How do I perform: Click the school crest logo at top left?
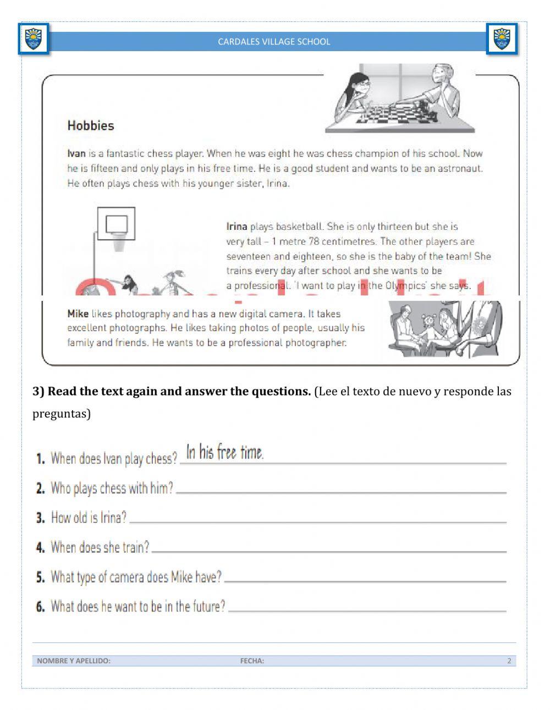coord(34,39)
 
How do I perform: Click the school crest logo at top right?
coord(502,39)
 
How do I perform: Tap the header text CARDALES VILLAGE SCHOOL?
coord(274,42)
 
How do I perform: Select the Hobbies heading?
coord(91,126)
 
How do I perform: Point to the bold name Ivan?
coord(76,154)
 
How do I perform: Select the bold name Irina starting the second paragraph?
coord(237,227)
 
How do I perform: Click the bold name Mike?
coord(78,314)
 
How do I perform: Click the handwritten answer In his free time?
coord(224,453)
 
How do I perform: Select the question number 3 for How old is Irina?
coord(40,518)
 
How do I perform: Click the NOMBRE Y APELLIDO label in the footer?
coord(74,661)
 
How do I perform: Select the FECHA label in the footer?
coord(252,661)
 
